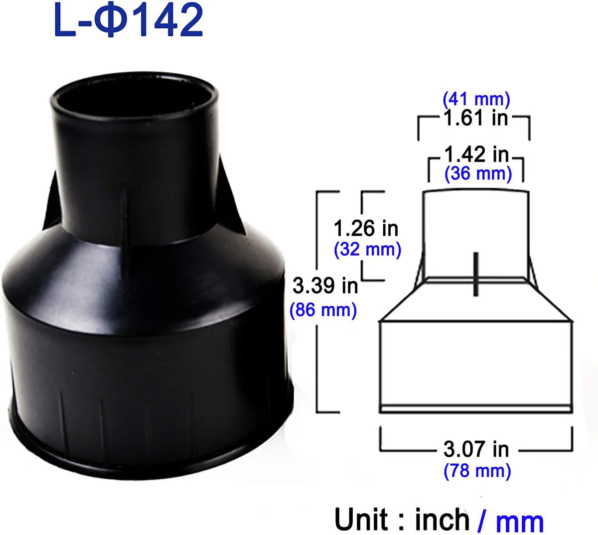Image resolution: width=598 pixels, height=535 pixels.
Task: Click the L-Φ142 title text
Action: [128, 21]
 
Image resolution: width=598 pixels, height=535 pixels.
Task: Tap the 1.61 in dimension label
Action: [475, 118]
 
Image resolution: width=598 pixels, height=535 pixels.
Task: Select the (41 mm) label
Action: [476, 100]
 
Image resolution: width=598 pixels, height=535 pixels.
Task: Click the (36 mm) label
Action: [478, 173]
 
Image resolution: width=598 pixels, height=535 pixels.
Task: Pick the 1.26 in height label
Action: [366, 228]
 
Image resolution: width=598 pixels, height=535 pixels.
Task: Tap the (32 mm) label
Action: [368, 249]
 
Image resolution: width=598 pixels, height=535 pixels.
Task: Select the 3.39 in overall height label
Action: [325, 286]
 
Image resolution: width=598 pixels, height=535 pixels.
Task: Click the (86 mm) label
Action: [323, 310]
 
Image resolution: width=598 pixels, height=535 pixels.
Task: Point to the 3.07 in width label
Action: [476, 449]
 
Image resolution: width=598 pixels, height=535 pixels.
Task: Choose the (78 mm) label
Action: [477, 470]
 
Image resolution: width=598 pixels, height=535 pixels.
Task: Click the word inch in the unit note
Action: [442, 519]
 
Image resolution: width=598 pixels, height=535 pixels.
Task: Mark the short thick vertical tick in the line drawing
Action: [476, 274]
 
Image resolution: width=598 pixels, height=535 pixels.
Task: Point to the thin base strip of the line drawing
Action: [476, 408]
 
